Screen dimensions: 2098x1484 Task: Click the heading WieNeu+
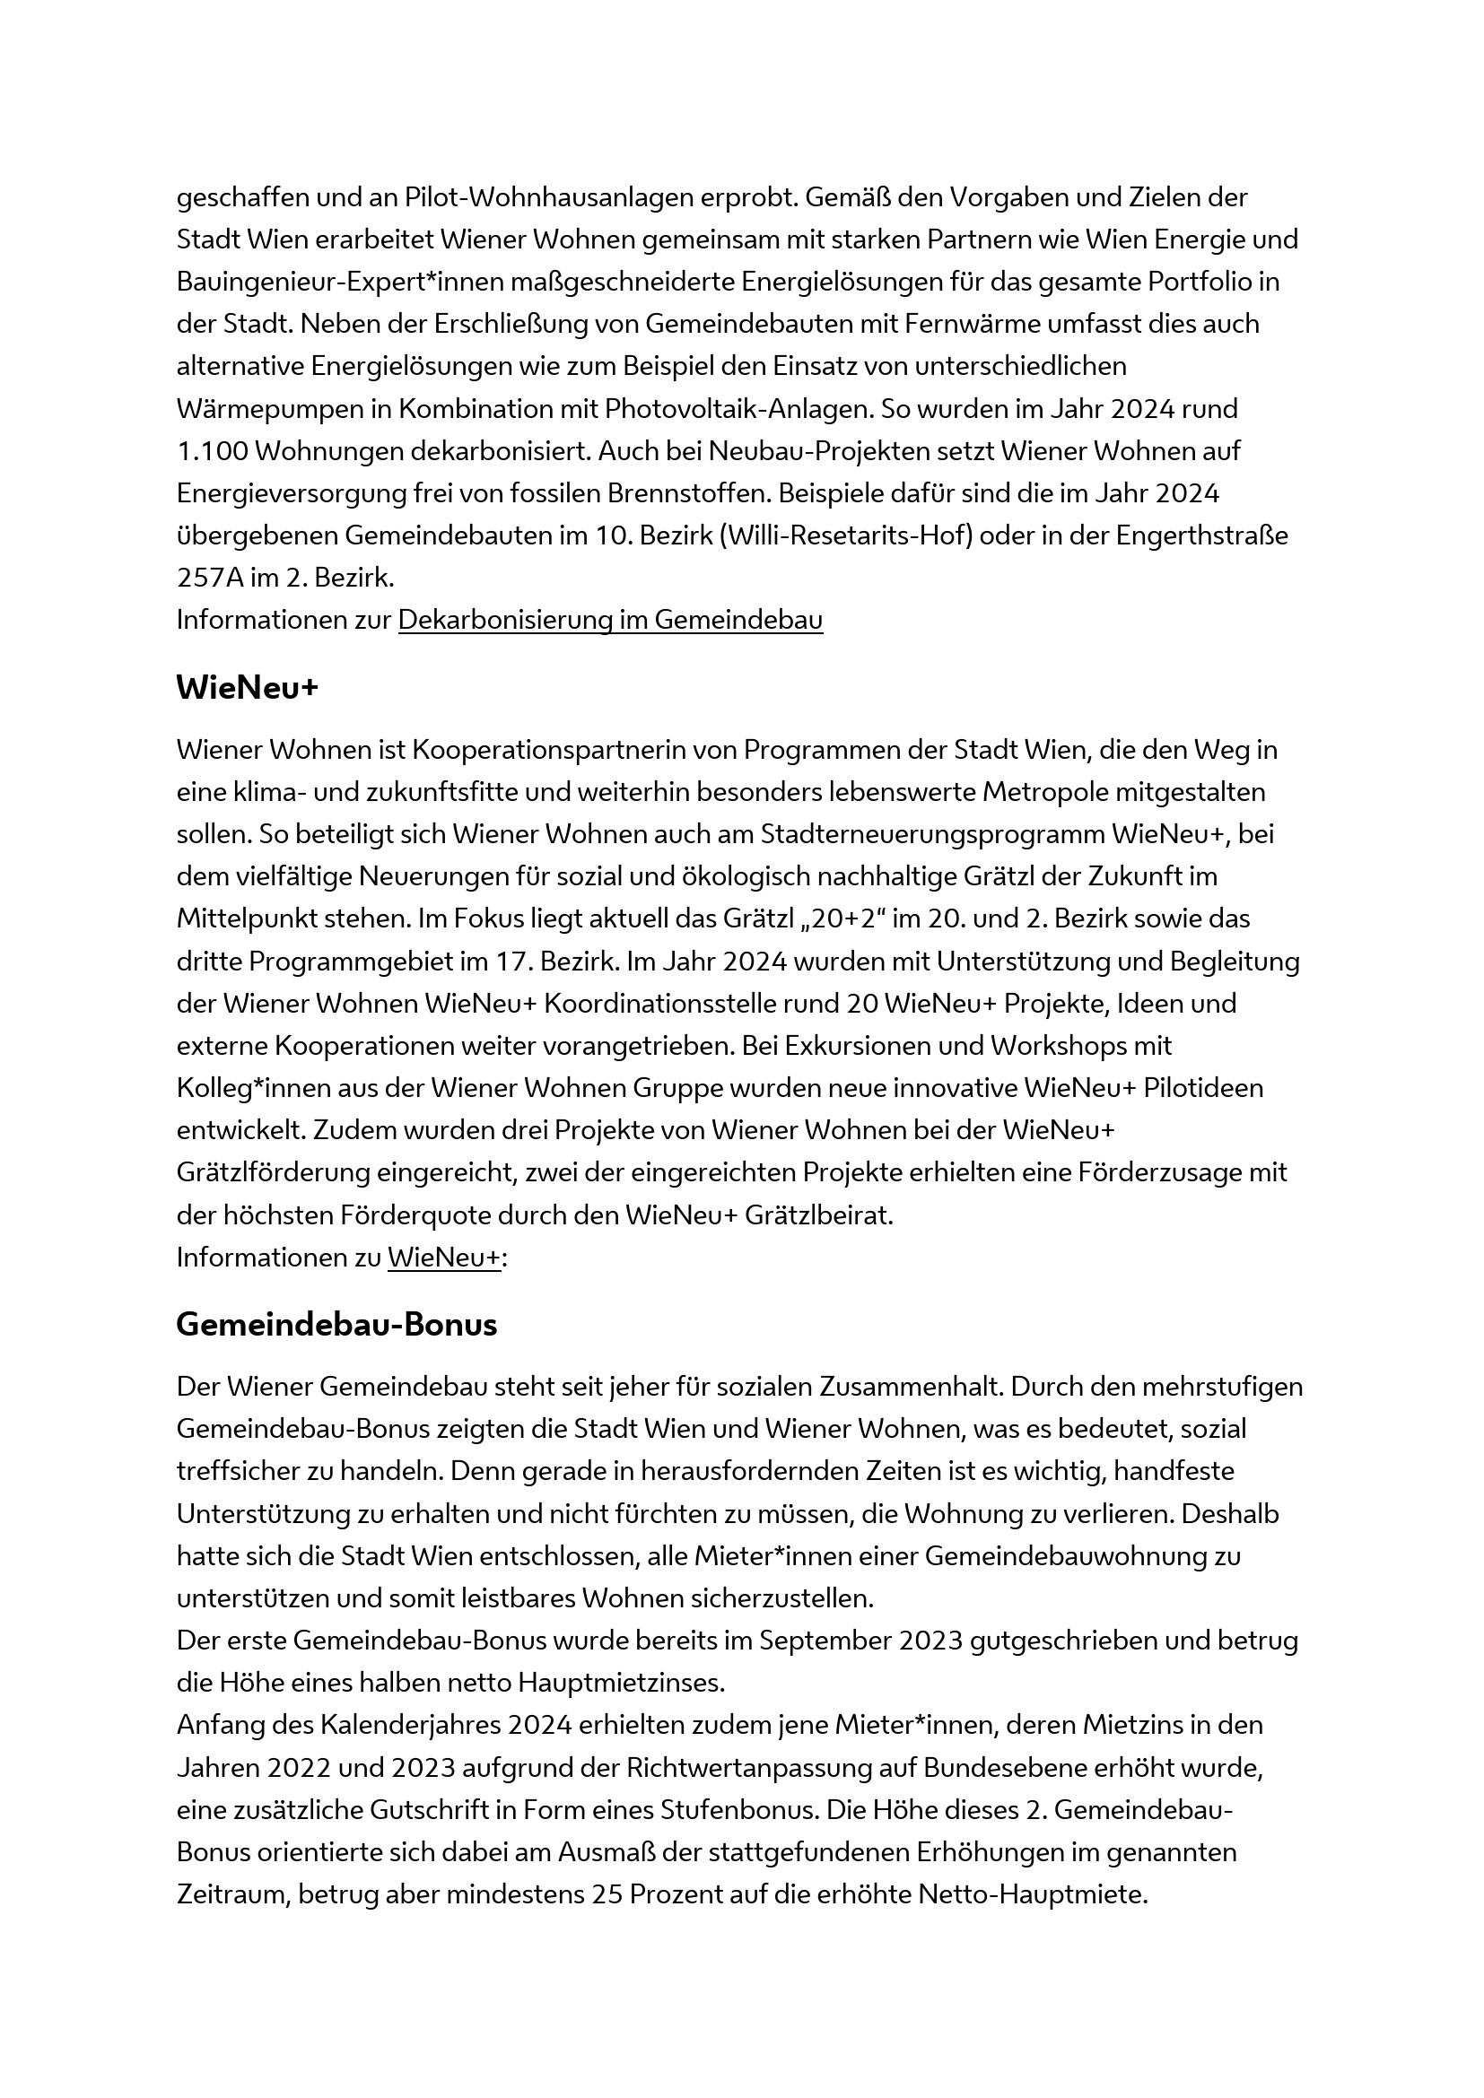tap(247, 688)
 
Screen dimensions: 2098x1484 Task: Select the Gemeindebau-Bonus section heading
tap(336, 1325)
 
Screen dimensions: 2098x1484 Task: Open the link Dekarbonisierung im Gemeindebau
tap(610, 620)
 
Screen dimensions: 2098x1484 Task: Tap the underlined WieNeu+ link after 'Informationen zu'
tap(444, 1258)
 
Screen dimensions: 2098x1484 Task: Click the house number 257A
tap(204, 578)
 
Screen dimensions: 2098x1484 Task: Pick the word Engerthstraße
tap(1201, 535)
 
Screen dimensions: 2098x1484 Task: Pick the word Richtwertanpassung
tap(749, 1767)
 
